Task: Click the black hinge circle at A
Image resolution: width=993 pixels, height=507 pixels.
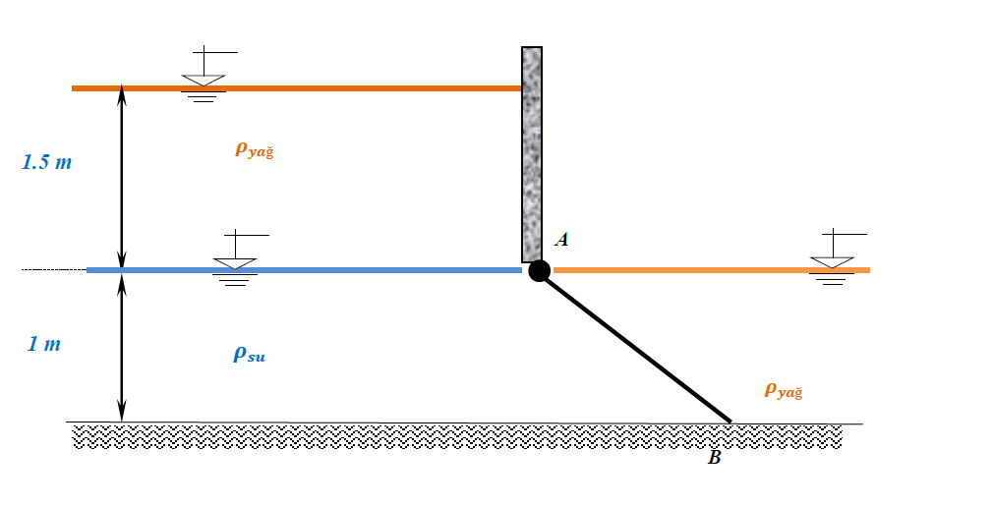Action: (x=539, y=271)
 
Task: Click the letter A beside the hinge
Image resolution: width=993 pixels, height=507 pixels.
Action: (x=561, y=239)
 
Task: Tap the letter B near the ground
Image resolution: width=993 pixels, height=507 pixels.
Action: (x=715, y=457)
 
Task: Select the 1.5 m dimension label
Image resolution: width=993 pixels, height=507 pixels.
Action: (x=47, y=162)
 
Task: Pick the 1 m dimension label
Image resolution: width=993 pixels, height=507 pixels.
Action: (x=44, y=344)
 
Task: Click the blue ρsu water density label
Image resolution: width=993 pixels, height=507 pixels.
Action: (x=249, y=355)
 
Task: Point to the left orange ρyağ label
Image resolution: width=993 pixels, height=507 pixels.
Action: (x=254, y=149)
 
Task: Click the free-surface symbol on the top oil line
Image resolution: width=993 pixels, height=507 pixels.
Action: (x=204, y=76)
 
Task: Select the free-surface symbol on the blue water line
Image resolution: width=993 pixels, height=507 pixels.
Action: (x=236, y=259)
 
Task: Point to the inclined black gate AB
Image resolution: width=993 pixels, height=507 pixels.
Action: (x=639, y=349)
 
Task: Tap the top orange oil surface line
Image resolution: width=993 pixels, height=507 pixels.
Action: (x=374, y=88)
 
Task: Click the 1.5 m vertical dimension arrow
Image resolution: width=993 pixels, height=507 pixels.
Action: (x=122, y=177)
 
